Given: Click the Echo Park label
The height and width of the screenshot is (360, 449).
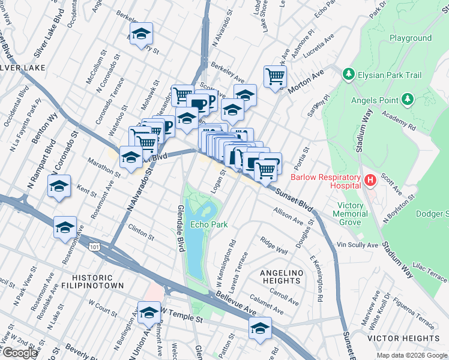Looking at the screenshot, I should coord(208,224).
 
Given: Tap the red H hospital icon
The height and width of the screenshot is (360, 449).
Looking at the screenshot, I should coord(370,179).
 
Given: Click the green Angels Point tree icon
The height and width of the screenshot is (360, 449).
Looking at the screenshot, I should coord(408,98).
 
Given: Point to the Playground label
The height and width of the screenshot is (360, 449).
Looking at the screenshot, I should coord(411,38).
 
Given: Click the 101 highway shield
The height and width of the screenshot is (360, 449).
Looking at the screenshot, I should coord(94,245).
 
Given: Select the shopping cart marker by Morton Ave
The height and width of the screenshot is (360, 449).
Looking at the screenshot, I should coord(275,77).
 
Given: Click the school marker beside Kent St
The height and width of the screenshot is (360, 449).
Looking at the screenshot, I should coord(59,187).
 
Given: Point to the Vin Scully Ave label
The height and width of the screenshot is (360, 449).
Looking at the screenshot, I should coord(358,245).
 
